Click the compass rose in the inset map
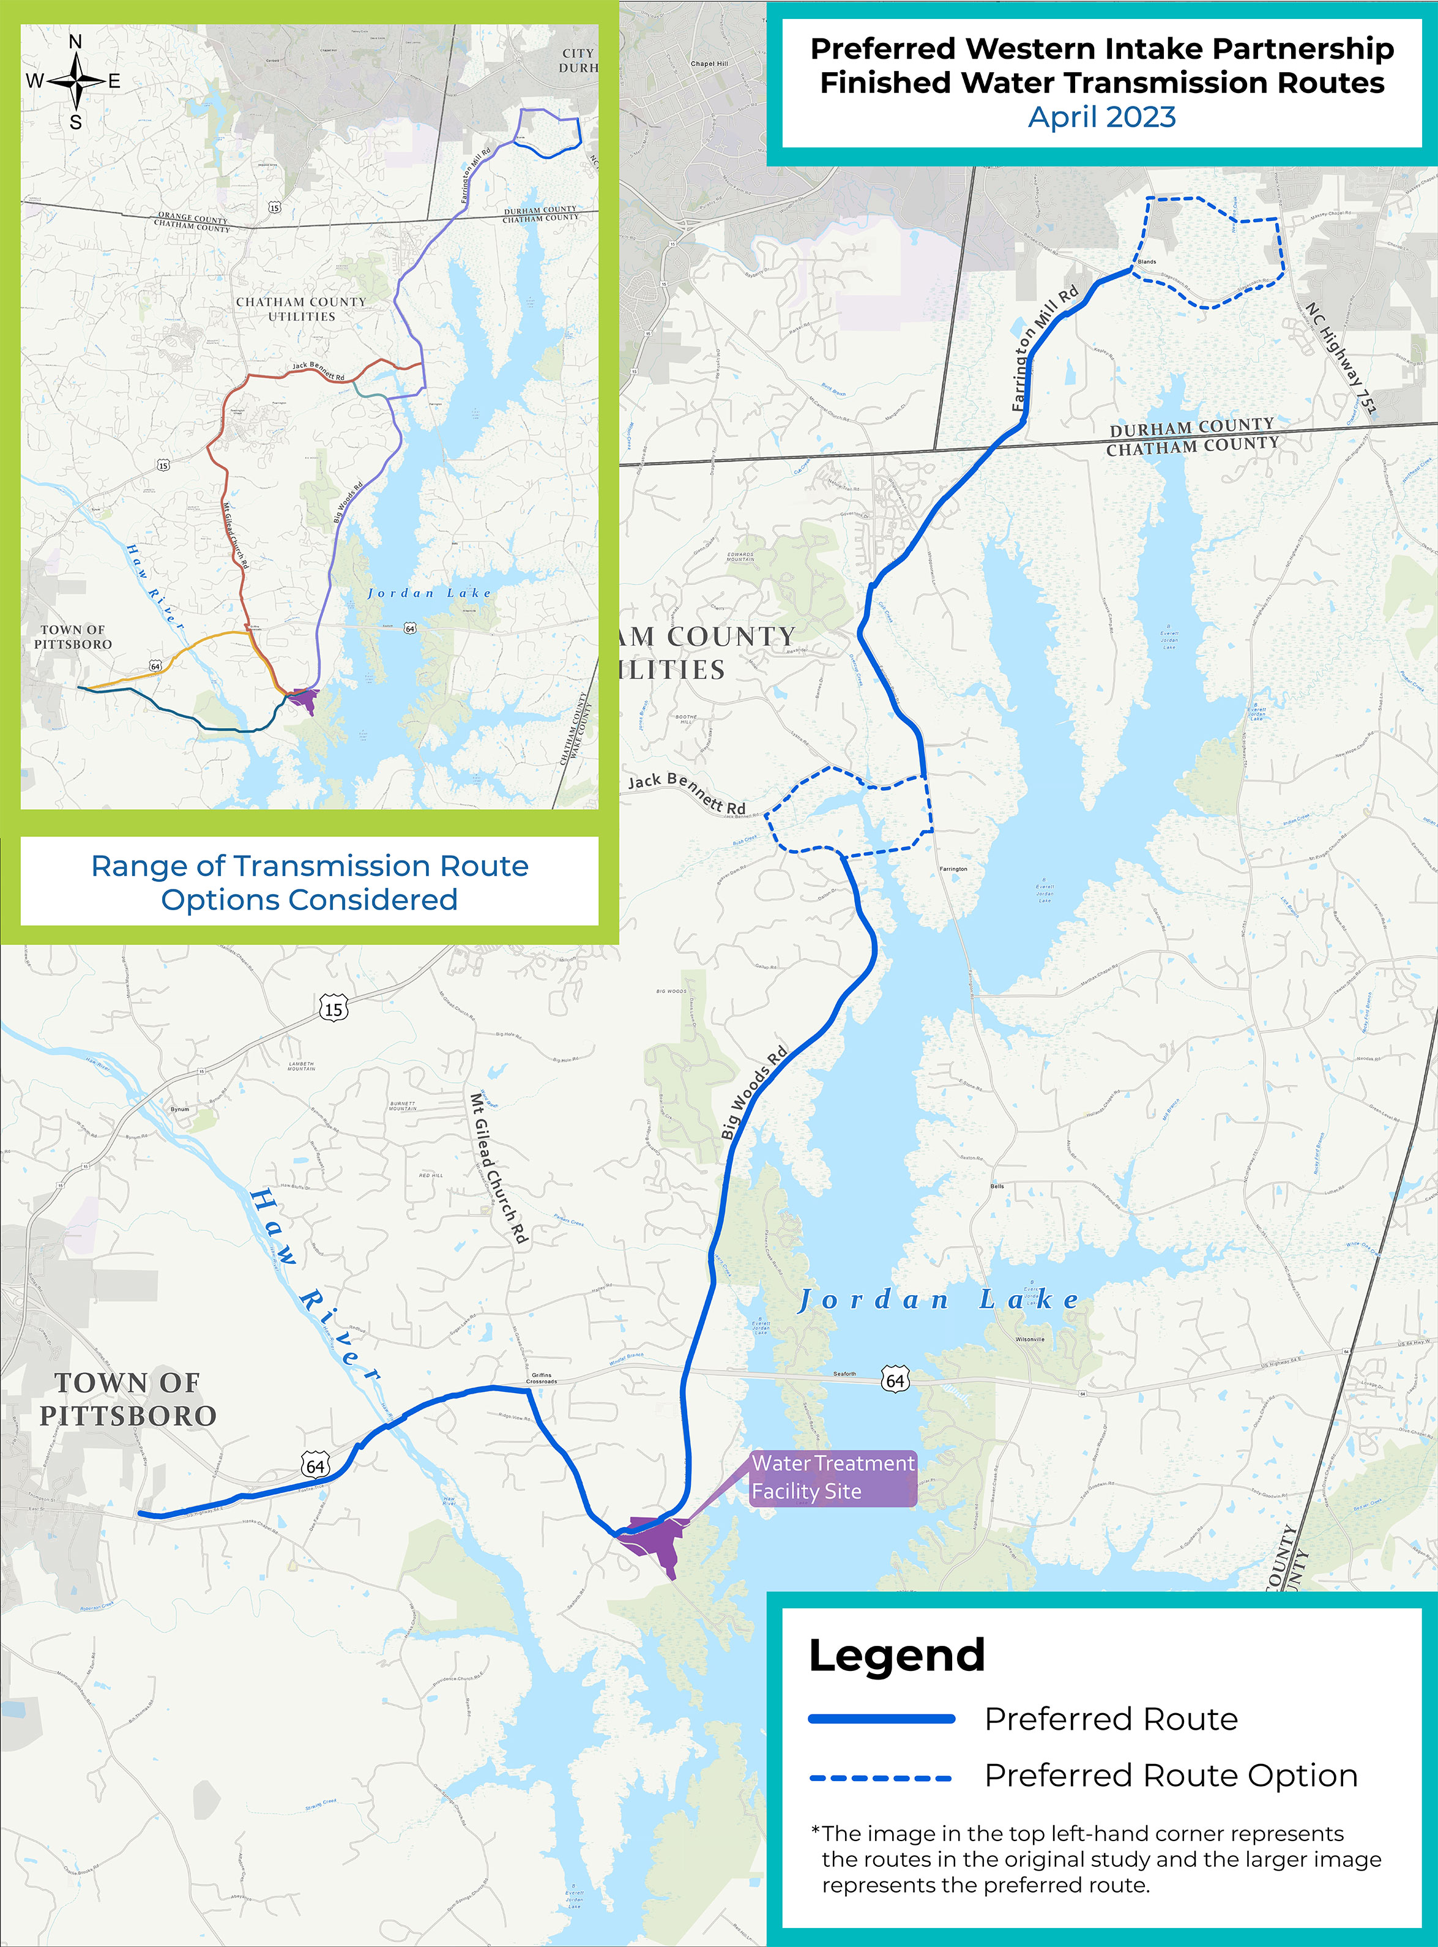(x=76, y=81)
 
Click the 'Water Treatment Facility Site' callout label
(x=832, y=1477)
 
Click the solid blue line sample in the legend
(x=881, y=1719)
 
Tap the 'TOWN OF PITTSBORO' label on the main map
(x=128, y=1399)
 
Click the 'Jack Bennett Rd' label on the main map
(x=687, y=791)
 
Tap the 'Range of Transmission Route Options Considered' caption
(x=309, y=882)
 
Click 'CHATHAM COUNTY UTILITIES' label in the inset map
(x=301, y=309)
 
